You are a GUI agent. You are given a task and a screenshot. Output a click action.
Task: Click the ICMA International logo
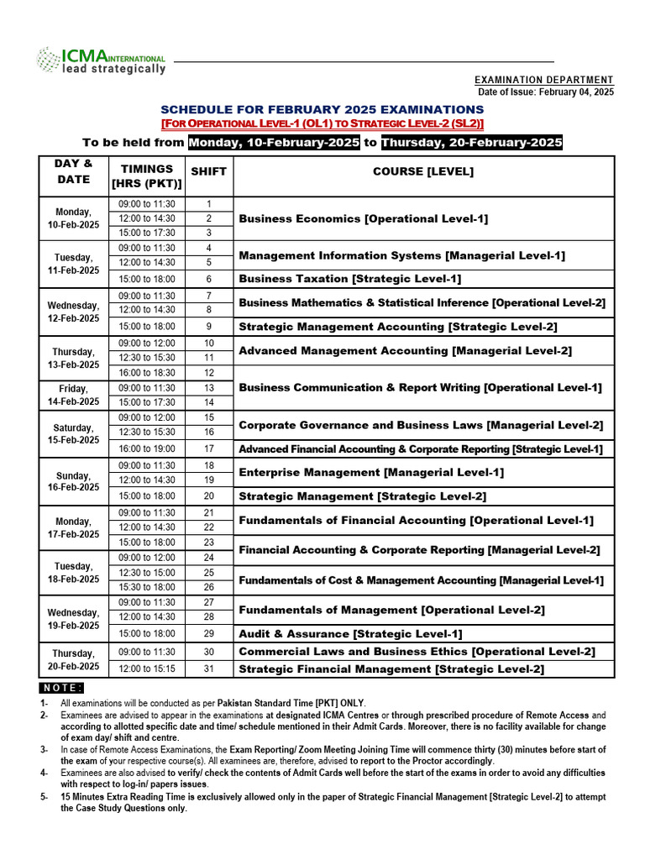click(x=100, y=61)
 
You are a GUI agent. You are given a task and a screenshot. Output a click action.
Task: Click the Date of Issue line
click(x=545, y=92)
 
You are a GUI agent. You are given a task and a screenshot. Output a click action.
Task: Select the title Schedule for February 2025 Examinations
click(x=322, y=110)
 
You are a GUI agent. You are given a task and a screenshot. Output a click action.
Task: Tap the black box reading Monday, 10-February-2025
click(x=274, y=143)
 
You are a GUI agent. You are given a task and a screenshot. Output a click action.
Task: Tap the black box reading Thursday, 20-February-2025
click(x=471, y=143)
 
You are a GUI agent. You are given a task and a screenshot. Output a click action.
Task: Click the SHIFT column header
click(x=208, y=171)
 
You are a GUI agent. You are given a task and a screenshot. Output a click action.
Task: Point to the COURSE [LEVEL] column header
click(x=423, y=171)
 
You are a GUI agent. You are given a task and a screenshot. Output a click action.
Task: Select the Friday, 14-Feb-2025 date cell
click(x=73, y=396)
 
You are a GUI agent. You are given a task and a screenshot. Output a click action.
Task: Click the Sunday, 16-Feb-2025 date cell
click(x=73, y=480)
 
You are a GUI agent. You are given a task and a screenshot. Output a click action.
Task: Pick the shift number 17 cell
click(x=208, y=449)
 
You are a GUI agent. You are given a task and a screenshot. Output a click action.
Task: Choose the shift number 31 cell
click(x=208, y=669)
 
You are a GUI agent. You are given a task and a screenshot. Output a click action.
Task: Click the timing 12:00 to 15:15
click(x=147, y=669)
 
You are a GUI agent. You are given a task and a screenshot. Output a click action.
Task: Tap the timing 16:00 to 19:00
click(x=147, y=449)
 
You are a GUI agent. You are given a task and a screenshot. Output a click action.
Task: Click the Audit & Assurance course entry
click(x=350, y=634)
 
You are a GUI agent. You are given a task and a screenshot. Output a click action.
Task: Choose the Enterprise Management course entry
click(x=371, y=473)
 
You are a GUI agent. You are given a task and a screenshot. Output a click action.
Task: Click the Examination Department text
click(x=543, y=80)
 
